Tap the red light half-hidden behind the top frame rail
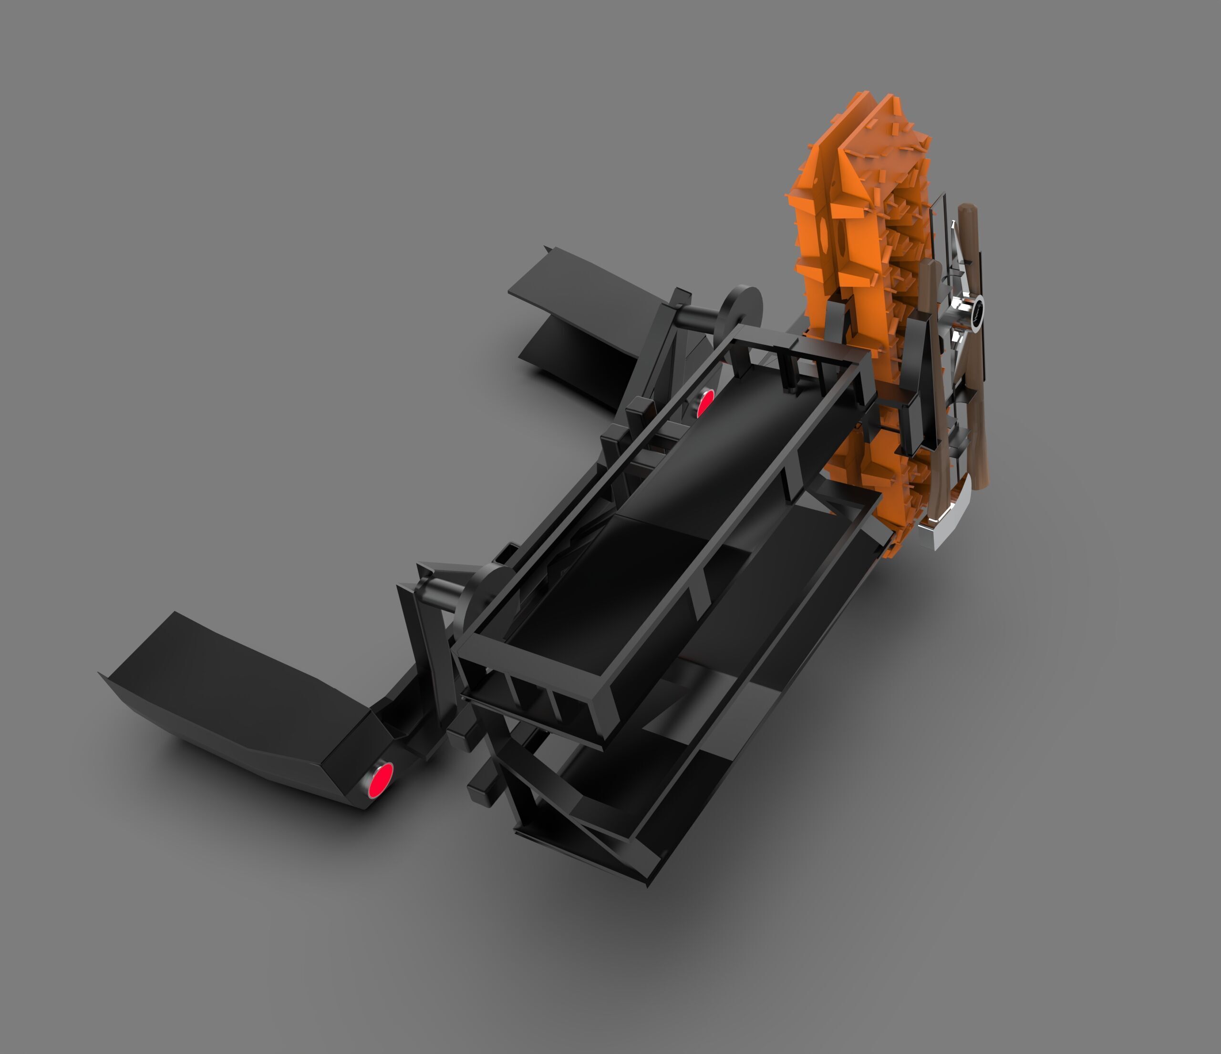click(705, 403)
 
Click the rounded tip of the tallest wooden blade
click(966, 211)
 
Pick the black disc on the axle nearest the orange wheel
click(740, 309)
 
